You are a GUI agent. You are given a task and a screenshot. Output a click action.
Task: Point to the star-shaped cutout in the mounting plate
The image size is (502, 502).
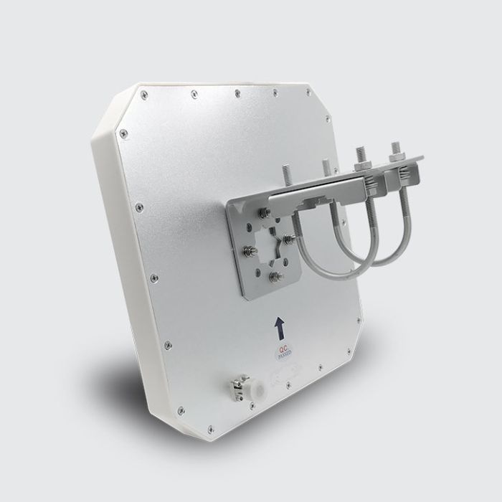pyautogui.click(x=275, y=240)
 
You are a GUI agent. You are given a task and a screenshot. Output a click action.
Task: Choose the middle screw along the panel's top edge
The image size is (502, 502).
pyautogui.click(x=236, y=91)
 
